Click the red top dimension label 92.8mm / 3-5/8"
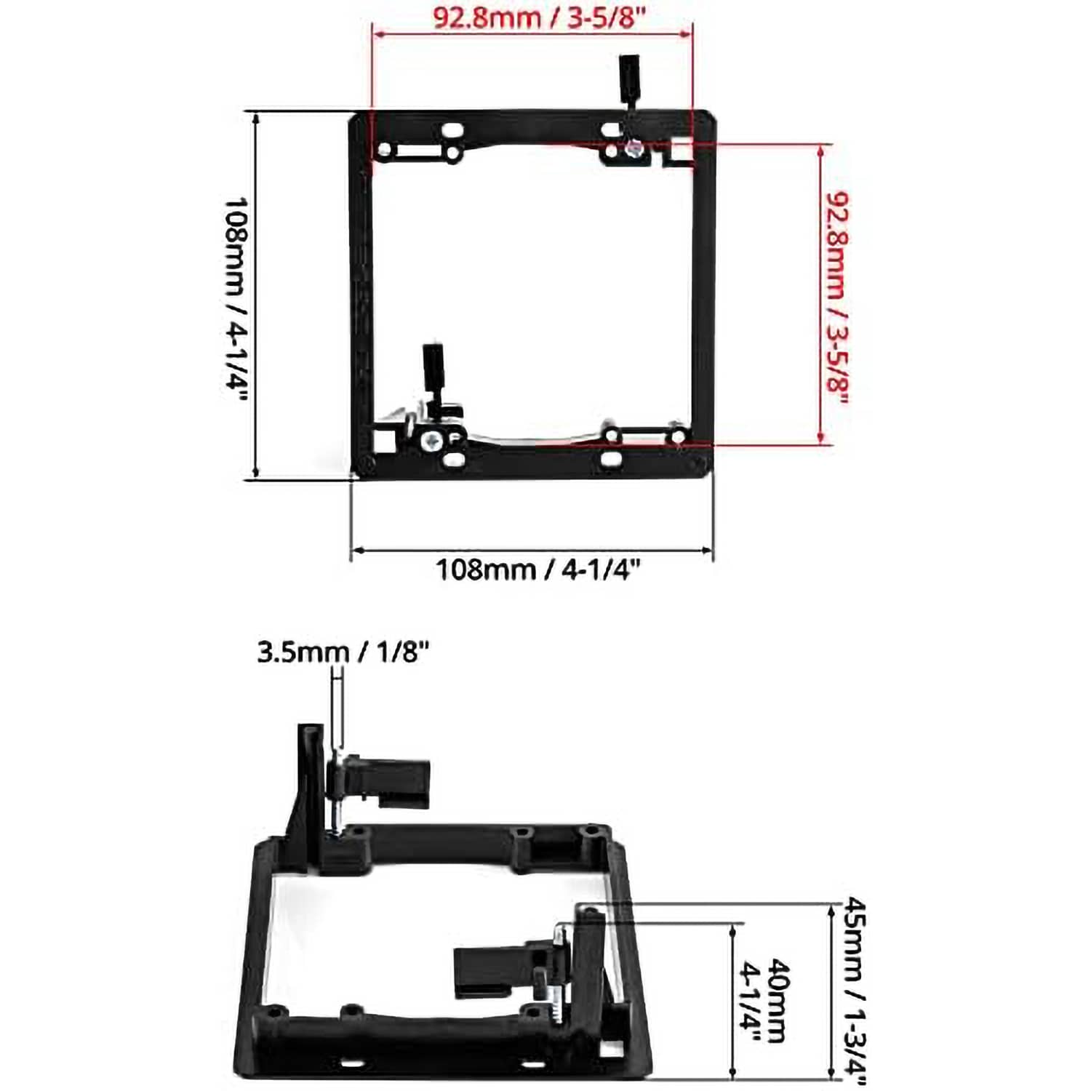[x=539, y=17]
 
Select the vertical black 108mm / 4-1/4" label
[x=236, y=299]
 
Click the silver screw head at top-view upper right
[x=635, y=150]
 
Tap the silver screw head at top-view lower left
[x=432, y=440]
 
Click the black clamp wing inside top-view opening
[x=433, y=372]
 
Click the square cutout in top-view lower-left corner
[x=383, y=439]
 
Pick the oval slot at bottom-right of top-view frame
[x=612, y=459]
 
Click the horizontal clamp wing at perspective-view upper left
[x=393, y=782]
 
